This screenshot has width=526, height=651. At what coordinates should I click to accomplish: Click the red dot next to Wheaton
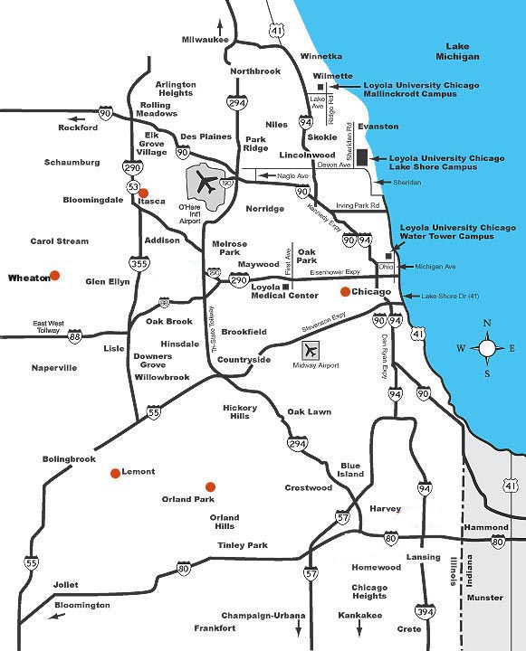point(55,276)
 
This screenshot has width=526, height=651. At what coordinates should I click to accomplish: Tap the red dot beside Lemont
point(115,473)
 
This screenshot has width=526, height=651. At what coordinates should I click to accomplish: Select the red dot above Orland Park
point(210,486)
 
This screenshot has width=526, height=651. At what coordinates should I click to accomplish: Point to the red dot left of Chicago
point(344,292)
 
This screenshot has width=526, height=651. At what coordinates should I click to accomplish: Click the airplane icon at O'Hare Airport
point(207,184)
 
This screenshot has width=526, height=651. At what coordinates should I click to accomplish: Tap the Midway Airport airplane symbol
point(312,350)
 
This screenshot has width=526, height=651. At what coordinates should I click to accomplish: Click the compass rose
point(488,347)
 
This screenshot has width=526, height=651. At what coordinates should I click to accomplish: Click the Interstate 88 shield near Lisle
point(74,336)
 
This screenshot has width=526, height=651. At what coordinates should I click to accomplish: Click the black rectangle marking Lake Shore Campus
point(362,157)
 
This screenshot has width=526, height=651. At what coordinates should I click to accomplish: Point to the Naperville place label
point(54,368)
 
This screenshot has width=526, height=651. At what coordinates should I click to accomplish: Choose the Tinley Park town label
point(242,545)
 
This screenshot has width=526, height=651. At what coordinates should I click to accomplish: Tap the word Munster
point(485,598)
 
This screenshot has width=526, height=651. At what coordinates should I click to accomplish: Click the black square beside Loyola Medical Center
point(284,287)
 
